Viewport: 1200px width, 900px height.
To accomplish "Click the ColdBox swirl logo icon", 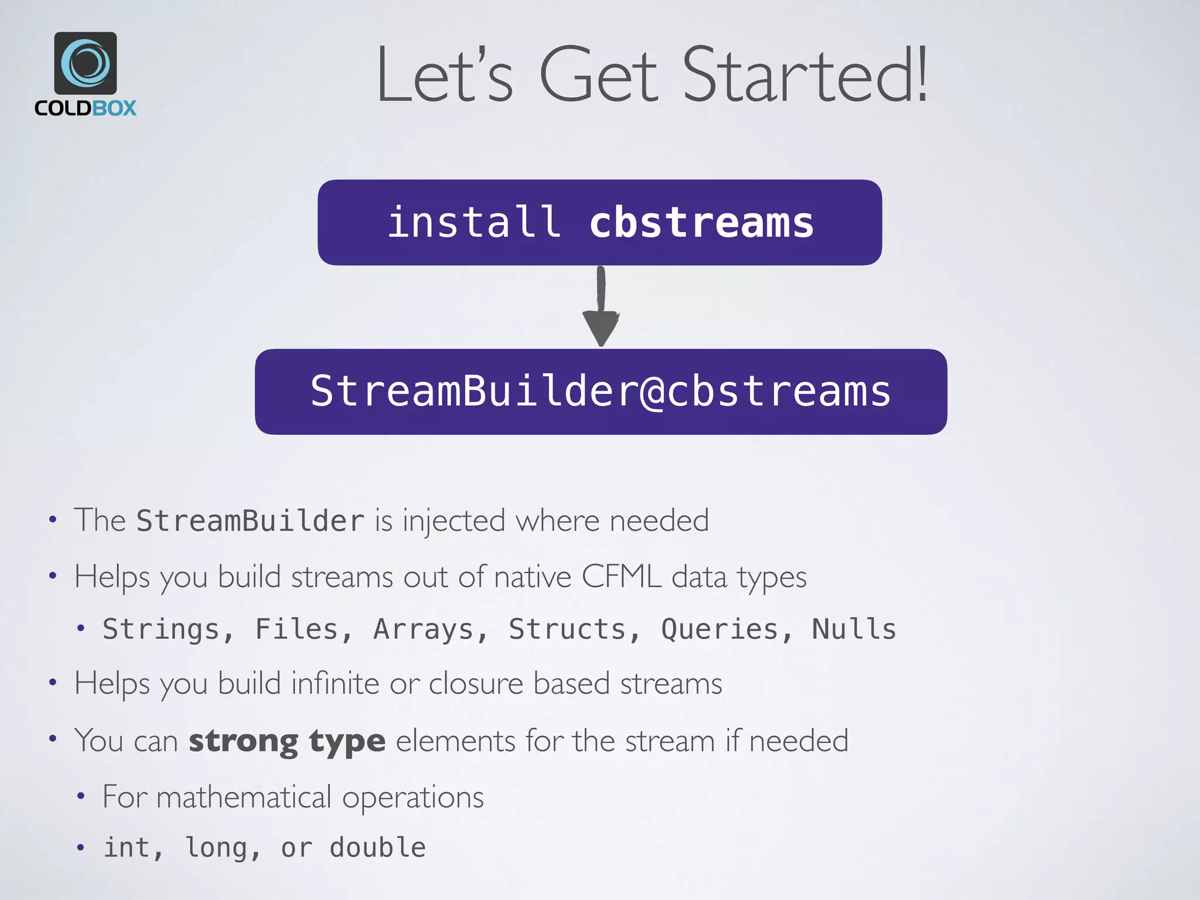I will click(86, 63).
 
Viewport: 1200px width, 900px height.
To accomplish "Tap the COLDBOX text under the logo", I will click(86, 108).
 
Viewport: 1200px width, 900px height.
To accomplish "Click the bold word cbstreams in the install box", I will click(701, 223).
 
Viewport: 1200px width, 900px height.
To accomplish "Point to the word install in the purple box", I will click(474, 223).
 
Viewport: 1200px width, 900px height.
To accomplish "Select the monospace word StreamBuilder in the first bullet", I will click(250, 521).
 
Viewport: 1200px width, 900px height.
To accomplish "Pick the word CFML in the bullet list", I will click(622, 577).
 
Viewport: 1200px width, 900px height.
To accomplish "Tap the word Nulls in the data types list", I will click(854, 629).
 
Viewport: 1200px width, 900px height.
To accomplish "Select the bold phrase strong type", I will click(287, 741).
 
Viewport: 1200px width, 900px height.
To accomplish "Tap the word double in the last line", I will click(378, 848).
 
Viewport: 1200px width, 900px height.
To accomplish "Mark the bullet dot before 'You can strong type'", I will click(53, 738).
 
